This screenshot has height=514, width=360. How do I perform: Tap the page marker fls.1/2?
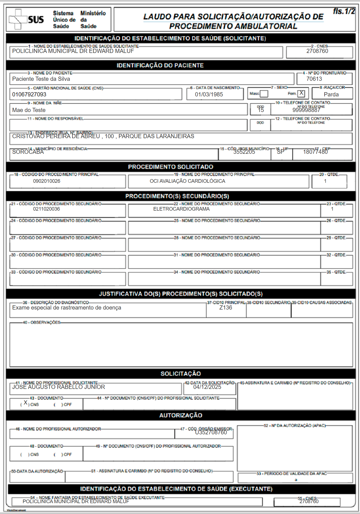(x=344, y=11)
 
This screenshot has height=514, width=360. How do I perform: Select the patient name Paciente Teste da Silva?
(x=41, y=79)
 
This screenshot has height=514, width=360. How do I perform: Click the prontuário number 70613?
(x=314, y=79)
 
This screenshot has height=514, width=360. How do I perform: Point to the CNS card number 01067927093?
(x=29, y=95)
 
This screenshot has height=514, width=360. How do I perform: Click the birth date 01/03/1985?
(x=209, y=95)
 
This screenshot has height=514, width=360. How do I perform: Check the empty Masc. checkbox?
(x=264, y=94)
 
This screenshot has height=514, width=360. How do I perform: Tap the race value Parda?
(x=331, y=95)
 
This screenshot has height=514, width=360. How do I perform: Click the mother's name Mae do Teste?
(x=29, y=110)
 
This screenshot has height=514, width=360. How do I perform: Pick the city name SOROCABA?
(x=28, y=152)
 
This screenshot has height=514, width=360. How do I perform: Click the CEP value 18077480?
(x=315, y=152)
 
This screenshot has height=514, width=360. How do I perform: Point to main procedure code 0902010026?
(x=47, y=181)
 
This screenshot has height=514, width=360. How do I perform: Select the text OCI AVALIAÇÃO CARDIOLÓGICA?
(x=187, y=181)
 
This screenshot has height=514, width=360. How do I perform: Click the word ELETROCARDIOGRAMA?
(x=181, y=209)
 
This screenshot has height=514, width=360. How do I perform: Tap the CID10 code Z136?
(x=225, y=308)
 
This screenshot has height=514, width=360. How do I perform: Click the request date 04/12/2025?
(x=207, y=387)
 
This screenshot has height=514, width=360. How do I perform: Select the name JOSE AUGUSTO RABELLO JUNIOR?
(x=59, y=387)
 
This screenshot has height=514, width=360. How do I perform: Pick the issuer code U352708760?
(x=211, y=433)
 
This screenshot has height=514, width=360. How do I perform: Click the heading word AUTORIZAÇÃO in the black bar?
(x=181, y=416)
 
